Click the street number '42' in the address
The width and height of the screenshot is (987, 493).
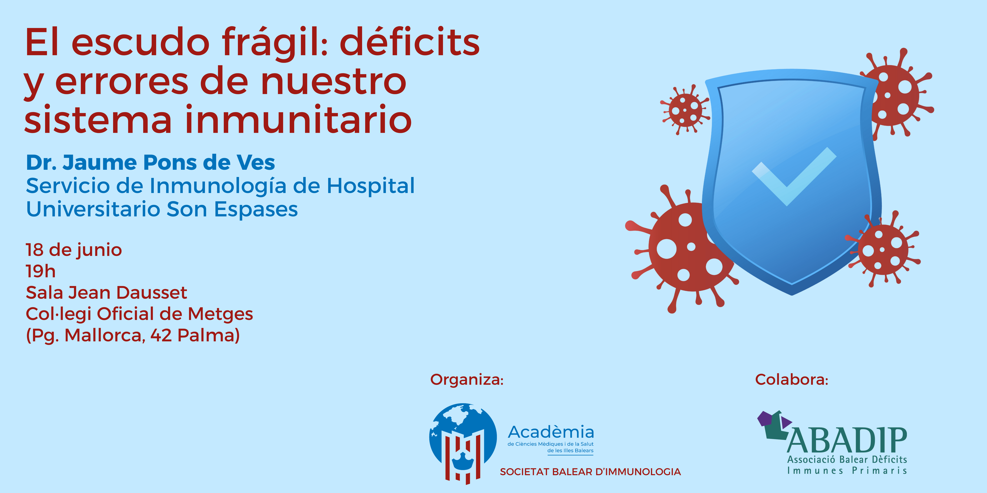point(161,336)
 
